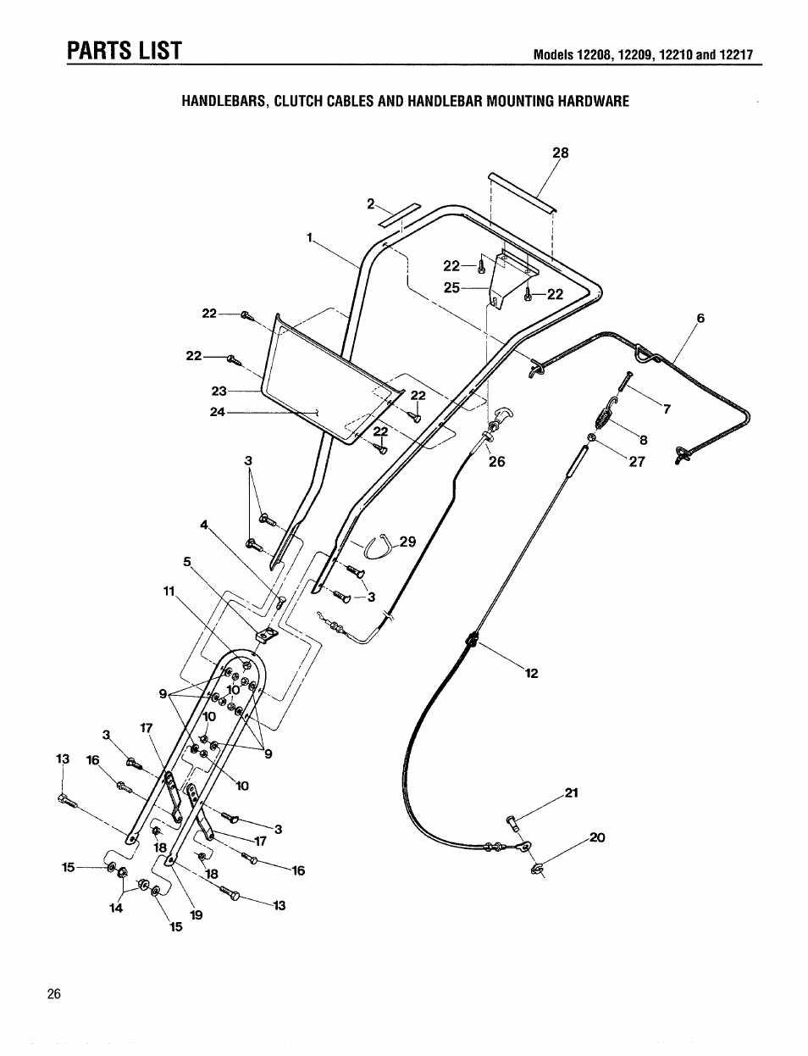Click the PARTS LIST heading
click(x=125, y=50)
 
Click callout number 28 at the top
click(x=561, y=153)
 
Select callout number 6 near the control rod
click(x=700, y=319)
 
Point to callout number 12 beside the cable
click(x=531, y=674)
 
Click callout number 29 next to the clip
click(x=407, y=542)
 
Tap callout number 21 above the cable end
click(x=571, y=794)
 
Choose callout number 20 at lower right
click(x=598, y=837)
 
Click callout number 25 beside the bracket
click(x=451, y=288)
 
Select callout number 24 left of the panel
click(x=218, y=413)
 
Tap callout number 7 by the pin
click(x=667, y=409)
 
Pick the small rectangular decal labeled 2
click(x=399, y=215)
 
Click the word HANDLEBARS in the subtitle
click(x=224, y=102)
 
